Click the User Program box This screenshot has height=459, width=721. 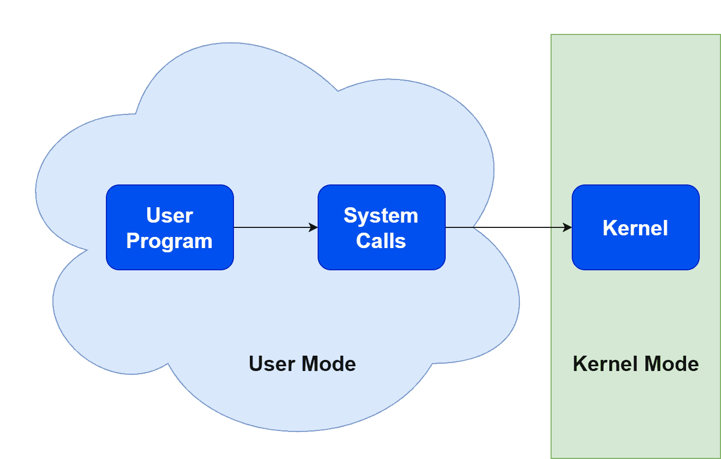169,227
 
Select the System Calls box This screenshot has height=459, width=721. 381,227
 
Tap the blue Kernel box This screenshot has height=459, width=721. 635,227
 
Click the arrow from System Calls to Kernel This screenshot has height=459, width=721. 508,227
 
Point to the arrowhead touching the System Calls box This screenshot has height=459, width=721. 313,227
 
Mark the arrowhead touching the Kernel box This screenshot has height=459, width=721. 567,227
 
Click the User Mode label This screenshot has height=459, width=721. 302,364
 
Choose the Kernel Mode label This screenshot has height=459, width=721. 636,364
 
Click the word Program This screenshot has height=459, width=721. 169,241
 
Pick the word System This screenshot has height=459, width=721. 381,216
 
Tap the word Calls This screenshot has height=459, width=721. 381,241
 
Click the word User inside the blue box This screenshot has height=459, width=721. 169,216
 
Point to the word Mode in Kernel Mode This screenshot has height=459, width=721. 673,364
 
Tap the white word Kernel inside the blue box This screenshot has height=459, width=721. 635,228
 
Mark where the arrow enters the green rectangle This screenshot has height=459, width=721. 551,227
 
